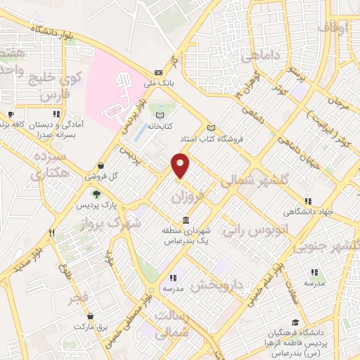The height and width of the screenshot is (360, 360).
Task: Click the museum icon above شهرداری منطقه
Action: coord(186,218)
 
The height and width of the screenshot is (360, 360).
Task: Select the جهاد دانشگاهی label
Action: coord(307,210)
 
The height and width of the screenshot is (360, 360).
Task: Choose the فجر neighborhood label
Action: coord(78,300)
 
